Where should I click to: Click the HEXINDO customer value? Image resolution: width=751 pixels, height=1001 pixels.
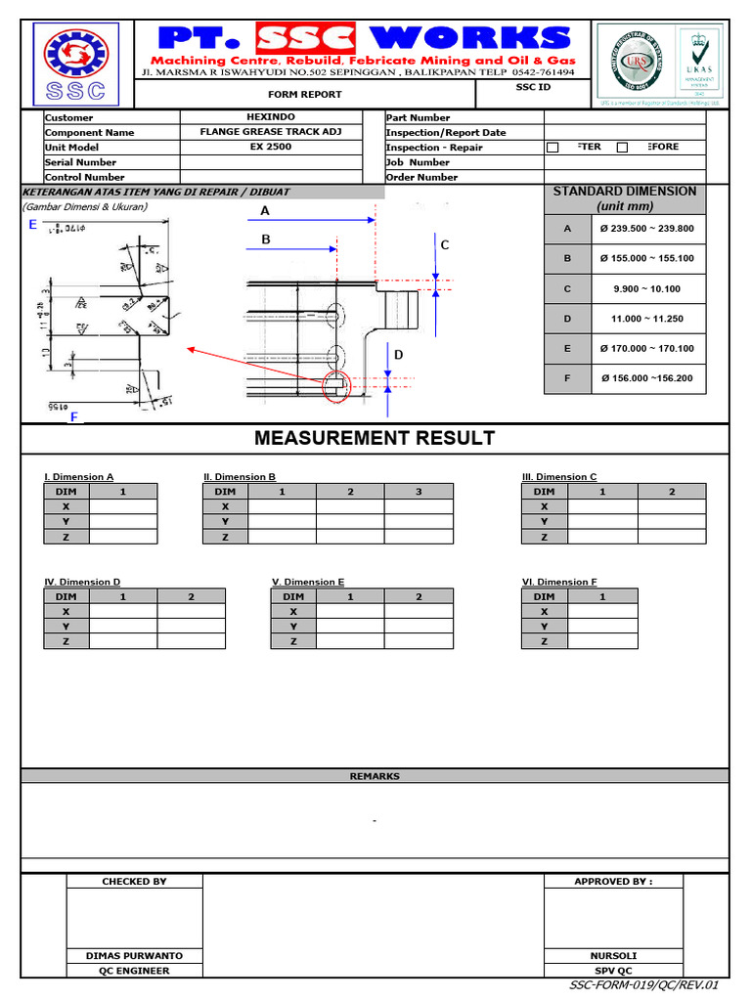point(271,117)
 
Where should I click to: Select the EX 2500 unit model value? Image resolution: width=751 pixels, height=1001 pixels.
point(271,147)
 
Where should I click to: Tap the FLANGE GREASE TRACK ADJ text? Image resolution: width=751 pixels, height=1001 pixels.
point(271,132)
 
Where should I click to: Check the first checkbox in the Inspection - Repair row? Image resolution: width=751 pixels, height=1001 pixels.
point(552,148)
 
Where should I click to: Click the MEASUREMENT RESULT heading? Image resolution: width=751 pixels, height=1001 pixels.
point(375,438)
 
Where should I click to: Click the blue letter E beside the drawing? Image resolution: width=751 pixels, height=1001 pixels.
point(32,225)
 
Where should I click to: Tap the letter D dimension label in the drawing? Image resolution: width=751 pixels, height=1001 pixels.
point(399,356)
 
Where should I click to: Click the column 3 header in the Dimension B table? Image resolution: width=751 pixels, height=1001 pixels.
point(419,492)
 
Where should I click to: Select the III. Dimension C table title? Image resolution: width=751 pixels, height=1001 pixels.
point(559,477)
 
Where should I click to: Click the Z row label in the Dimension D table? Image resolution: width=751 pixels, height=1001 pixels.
point(66,641)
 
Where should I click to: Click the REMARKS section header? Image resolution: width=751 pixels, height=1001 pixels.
point(375,776)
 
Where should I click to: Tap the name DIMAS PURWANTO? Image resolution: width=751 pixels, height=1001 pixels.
point(135,956)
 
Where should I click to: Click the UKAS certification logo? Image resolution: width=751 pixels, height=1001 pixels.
point(697,61)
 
